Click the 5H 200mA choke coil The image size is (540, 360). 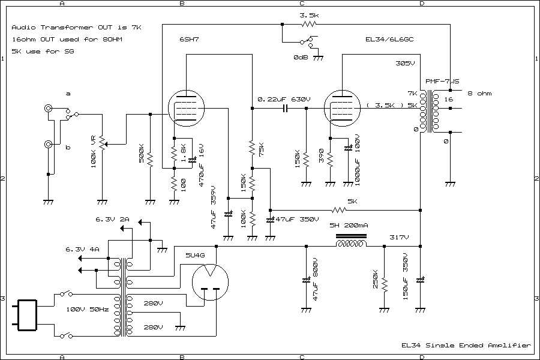click(x=352, y=245)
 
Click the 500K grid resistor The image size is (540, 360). click(x=150, y=159)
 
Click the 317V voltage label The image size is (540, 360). click(x=398, y=237)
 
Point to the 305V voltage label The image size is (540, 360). click(x=406, y=63)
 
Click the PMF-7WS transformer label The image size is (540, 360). click(x=442, y=81)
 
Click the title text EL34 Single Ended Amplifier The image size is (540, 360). click(x=466, y=345)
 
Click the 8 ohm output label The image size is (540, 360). click(x=480, y=93)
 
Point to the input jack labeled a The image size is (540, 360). click(x=47, y=109)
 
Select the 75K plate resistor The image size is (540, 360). click(x=252, y=147)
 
